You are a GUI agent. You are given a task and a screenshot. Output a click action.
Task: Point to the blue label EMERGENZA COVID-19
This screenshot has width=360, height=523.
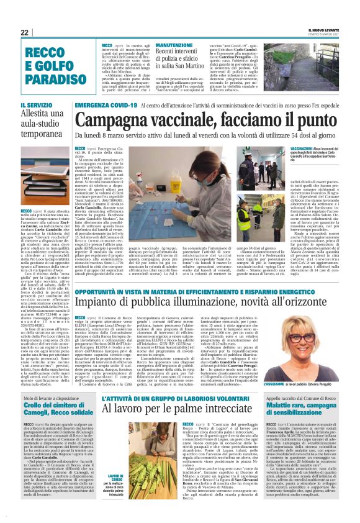pos(102,106)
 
